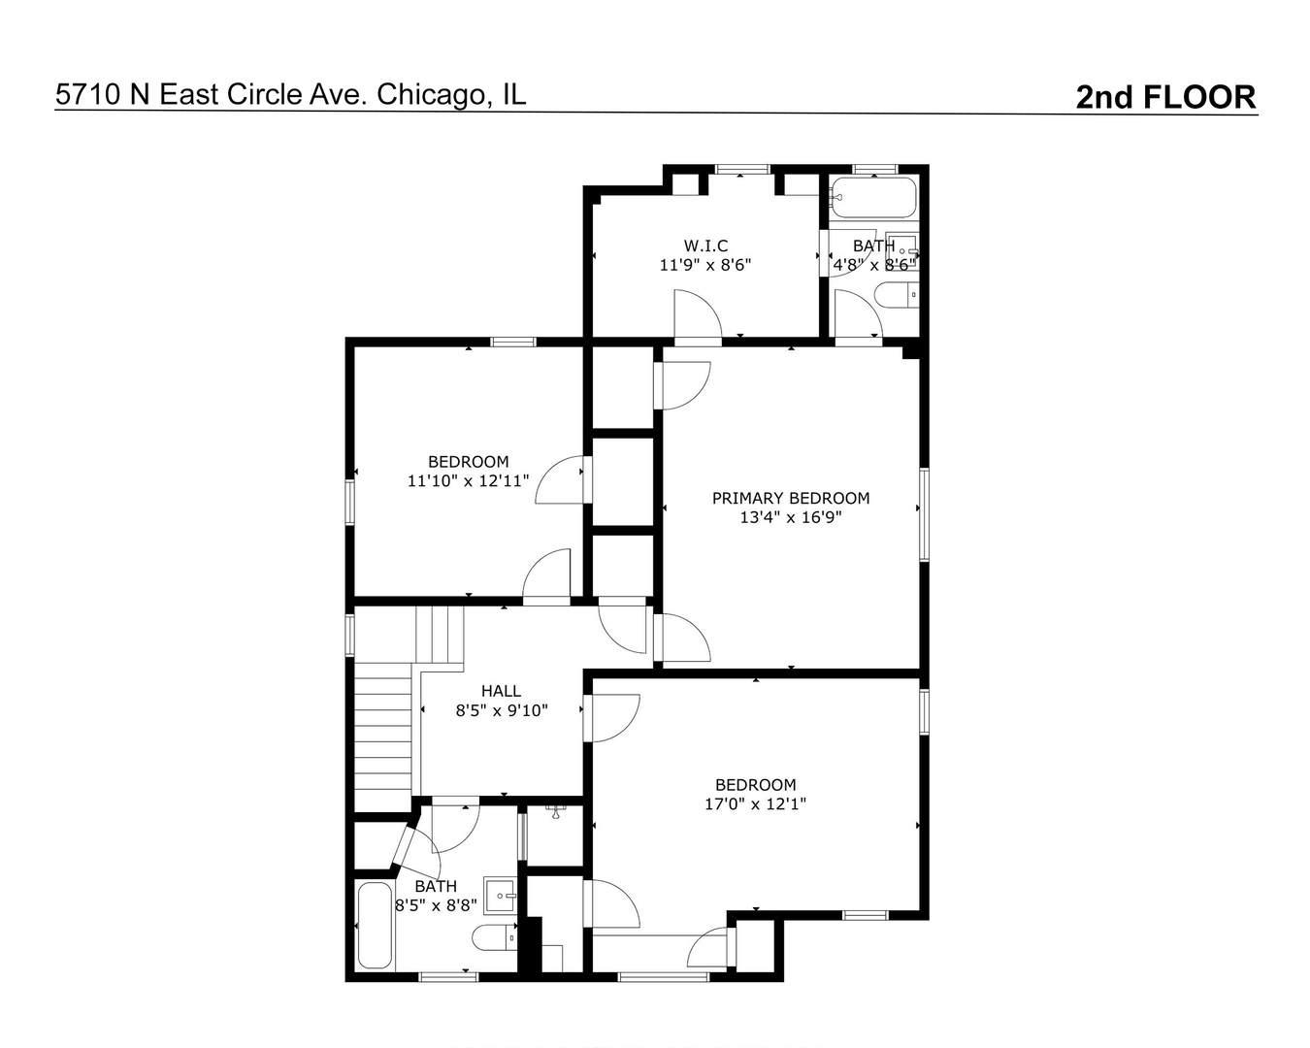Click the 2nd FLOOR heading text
[x=1165, y=97]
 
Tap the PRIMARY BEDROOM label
[x=791, y=498]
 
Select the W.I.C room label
[x=705, y=246]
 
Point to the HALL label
[x=501, y=691]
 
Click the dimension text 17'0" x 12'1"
[x=756, y=803]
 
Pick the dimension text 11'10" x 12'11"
[x=468, y=481]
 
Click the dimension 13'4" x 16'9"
[x=791, y=517]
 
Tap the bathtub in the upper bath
[x=873, y=197]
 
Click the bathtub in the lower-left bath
[x=375, y=926]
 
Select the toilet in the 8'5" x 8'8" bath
[x=495, y=937]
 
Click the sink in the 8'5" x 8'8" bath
[x=501, y=895]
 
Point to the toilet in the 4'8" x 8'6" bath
[x=897, y=295]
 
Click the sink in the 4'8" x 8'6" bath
[x=901, y=251]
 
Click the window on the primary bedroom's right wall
[x=924, y=514]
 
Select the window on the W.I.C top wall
[x=742, y=169]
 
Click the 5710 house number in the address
[x=89, y=95]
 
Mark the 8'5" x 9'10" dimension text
[x=502, y=710]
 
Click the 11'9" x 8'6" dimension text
[x=705, y=265]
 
